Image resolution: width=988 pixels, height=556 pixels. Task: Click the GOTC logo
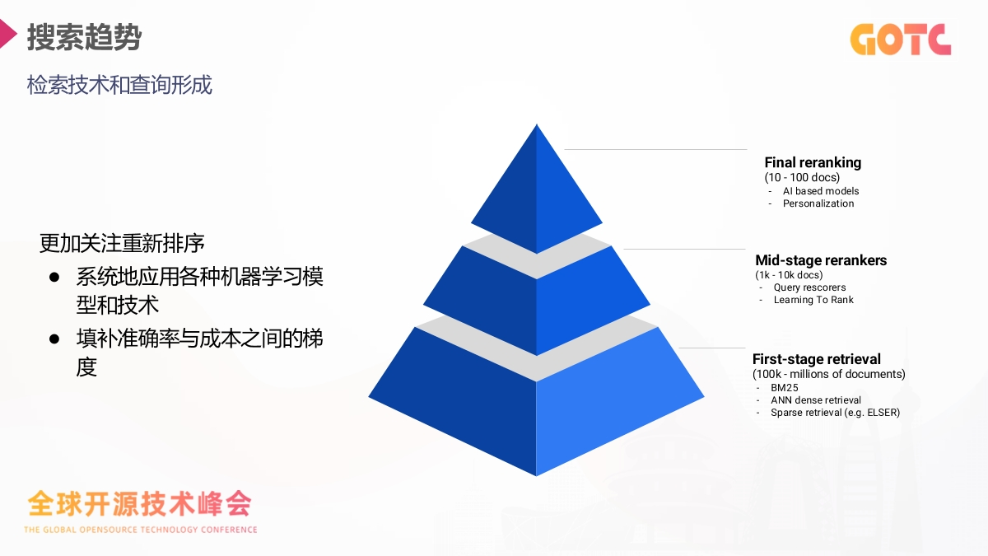point(900,39)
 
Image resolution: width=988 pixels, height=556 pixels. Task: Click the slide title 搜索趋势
point(84,38)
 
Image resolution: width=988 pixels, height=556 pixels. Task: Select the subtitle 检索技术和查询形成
point(119,85)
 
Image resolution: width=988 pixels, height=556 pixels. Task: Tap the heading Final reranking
point(813,162)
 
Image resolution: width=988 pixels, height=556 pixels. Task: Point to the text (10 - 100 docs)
point(802,177)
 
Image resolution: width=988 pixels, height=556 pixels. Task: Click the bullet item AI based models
point(821,191)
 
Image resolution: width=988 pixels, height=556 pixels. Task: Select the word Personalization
point(818,203)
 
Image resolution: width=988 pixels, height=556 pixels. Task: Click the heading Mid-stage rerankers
point(821,260)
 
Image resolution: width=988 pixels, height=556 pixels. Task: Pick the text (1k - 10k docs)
point(789,274)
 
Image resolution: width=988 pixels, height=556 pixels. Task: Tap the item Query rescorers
point(809,287)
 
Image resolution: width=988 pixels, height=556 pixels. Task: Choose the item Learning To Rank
point(813,300)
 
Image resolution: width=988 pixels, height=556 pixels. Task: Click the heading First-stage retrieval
point(817,359)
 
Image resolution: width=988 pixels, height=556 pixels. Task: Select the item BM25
point(785,387)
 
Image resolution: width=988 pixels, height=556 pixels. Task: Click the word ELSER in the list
point(882,412)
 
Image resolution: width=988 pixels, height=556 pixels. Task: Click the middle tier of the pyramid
point(536,301)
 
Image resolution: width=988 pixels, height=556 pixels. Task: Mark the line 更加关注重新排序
point(122,244)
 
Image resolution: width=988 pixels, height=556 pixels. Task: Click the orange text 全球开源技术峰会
point(139,502)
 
